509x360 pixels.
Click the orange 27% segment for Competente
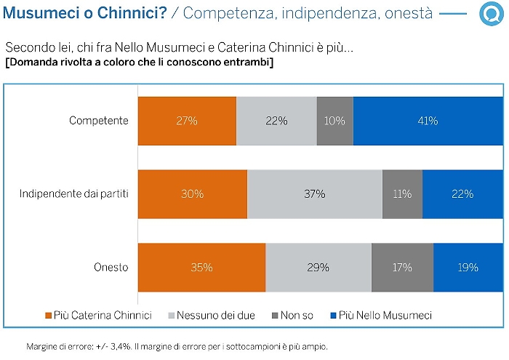187,121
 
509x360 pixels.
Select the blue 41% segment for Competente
427,121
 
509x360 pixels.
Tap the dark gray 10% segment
334,121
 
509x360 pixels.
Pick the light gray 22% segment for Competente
276,121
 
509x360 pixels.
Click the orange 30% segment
193,194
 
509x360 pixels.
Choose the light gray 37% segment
315,194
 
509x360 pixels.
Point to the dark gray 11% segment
402,194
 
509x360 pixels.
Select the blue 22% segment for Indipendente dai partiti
462,194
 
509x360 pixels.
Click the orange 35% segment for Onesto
201,268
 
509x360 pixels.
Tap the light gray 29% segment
318,268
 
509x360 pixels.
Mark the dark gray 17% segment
402,268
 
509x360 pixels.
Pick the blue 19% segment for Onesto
468,268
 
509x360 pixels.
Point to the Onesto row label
111,268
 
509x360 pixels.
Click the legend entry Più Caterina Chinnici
99,315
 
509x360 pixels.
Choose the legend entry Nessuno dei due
216,315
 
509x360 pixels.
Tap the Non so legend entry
292,315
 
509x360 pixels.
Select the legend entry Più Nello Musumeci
381,315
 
